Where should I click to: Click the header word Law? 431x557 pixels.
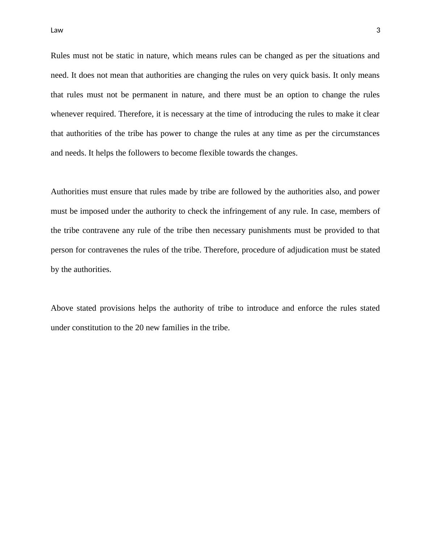(57, 30)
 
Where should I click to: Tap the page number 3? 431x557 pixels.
(378, 30)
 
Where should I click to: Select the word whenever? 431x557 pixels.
(67, 114)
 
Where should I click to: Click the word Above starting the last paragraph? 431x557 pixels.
(62, 308)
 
